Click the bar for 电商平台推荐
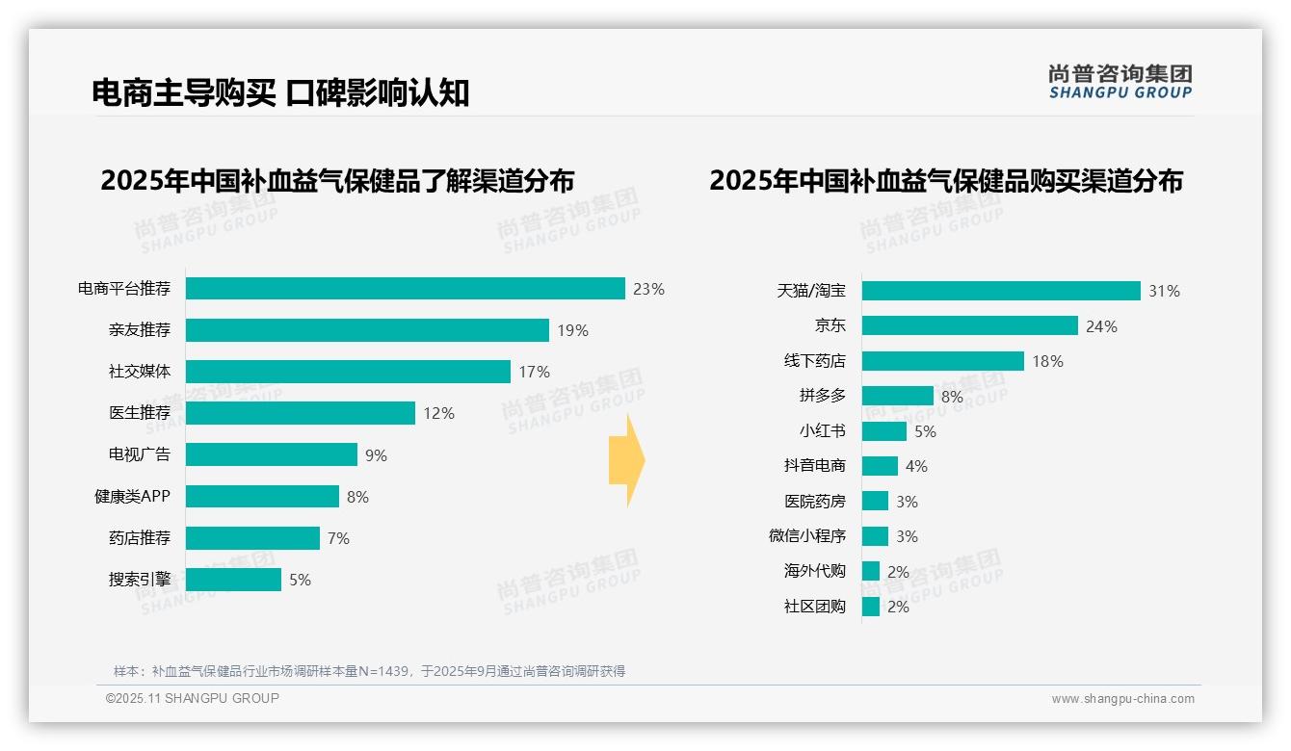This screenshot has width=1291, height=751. (405, 289)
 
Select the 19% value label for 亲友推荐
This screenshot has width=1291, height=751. (572, 330)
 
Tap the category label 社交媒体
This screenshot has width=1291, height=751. (139, 372)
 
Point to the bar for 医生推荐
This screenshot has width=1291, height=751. (300, 413)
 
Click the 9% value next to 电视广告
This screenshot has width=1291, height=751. (376, 455)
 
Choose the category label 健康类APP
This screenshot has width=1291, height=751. (132, 497)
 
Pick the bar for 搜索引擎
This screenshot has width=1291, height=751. (233, 580)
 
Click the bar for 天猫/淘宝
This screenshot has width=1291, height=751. (1000, 291)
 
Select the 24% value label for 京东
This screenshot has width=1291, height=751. (1101, 326)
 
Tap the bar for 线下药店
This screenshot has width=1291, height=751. (942, 361)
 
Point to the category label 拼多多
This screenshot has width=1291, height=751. (822, 396)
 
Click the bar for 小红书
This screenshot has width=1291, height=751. (883, 431)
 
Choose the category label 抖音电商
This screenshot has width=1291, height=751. (814, 466)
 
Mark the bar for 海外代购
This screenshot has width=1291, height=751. (870, 571)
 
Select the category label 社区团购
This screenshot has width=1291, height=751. (814, 607)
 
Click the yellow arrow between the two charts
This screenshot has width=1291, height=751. (626, 461)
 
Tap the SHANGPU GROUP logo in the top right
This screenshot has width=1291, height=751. (1120, 81)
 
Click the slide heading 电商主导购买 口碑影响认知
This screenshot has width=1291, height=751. (280, 92)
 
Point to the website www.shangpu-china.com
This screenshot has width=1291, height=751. (1122, 699)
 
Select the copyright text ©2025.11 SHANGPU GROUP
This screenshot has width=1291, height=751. (193, 698)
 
